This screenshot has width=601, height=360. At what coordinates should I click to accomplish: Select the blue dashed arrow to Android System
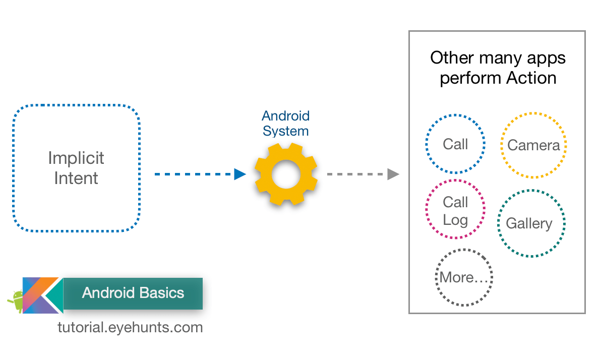[x=200, y=174]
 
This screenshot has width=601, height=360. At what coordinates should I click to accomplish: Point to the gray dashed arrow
[x=363, y=174]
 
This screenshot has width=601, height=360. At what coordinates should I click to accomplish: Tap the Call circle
[x=455, y=144]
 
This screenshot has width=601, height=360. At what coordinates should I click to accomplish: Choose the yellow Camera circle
[x=533, y=146]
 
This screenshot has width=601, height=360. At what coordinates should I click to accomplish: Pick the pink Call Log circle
[x=455, y=211]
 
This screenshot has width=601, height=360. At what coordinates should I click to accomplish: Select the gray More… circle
[x=463, y=277]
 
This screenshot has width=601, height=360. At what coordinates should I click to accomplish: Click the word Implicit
[x=76, y=158]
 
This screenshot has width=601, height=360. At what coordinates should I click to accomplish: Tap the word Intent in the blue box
[x=76, y=178]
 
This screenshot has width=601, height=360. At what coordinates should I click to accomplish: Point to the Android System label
[x=286, y=124]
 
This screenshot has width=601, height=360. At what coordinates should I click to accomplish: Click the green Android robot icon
[x=16, y=301]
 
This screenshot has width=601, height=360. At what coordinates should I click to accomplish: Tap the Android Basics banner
[x=133, y=293]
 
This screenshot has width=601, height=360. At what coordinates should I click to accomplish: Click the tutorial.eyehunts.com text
[x=130, y=327]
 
